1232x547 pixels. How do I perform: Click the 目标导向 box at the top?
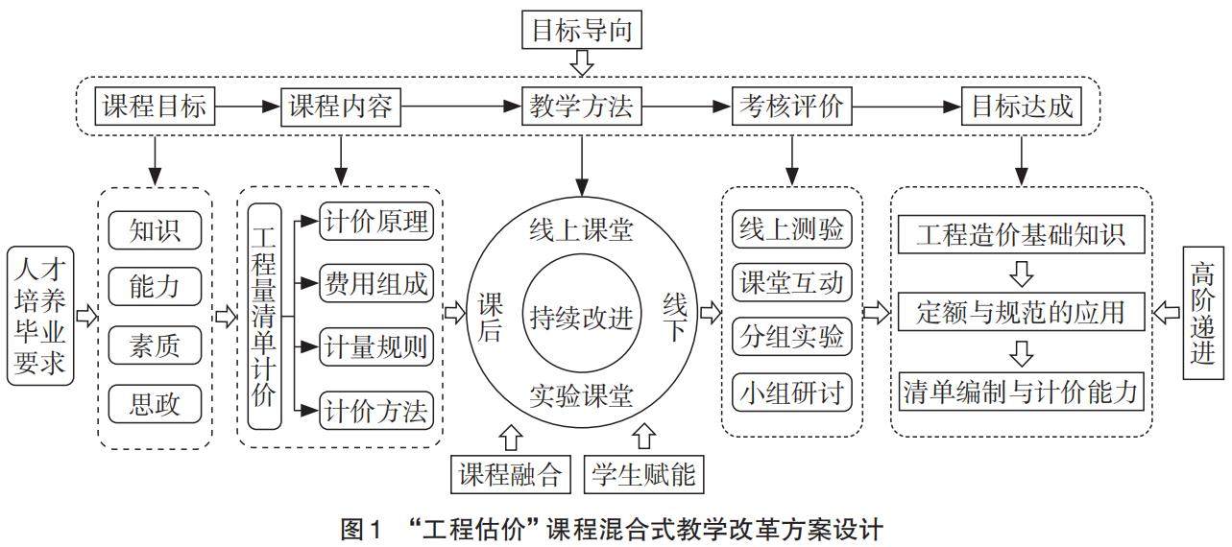coord(581,32)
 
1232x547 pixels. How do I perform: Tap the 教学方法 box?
coord(581,107)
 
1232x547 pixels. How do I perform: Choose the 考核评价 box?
coord(791,107)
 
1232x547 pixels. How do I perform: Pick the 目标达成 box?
coord(1022,107)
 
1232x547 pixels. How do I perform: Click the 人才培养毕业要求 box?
coord(39,315)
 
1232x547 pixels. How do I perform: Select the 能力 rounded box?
coord(155,286)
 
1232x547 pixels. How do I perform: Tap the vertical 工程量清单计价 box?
coord(264,316)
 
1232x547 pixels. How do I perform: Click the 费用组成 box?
coord(376,284)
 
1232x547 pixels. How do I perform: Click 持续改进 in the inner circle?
coord(581,318)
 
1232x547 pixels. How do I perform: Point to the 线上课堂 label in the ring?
coord(581,229)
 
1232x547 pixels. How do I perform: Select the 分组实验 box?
coord(791,337)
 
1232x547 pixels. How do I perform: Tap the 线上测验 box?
coord(791,229)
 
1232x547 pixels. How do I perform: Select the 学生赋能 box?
coord(643,474)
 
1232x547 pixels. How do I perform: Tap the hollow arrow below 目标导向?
coord(581,64)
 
